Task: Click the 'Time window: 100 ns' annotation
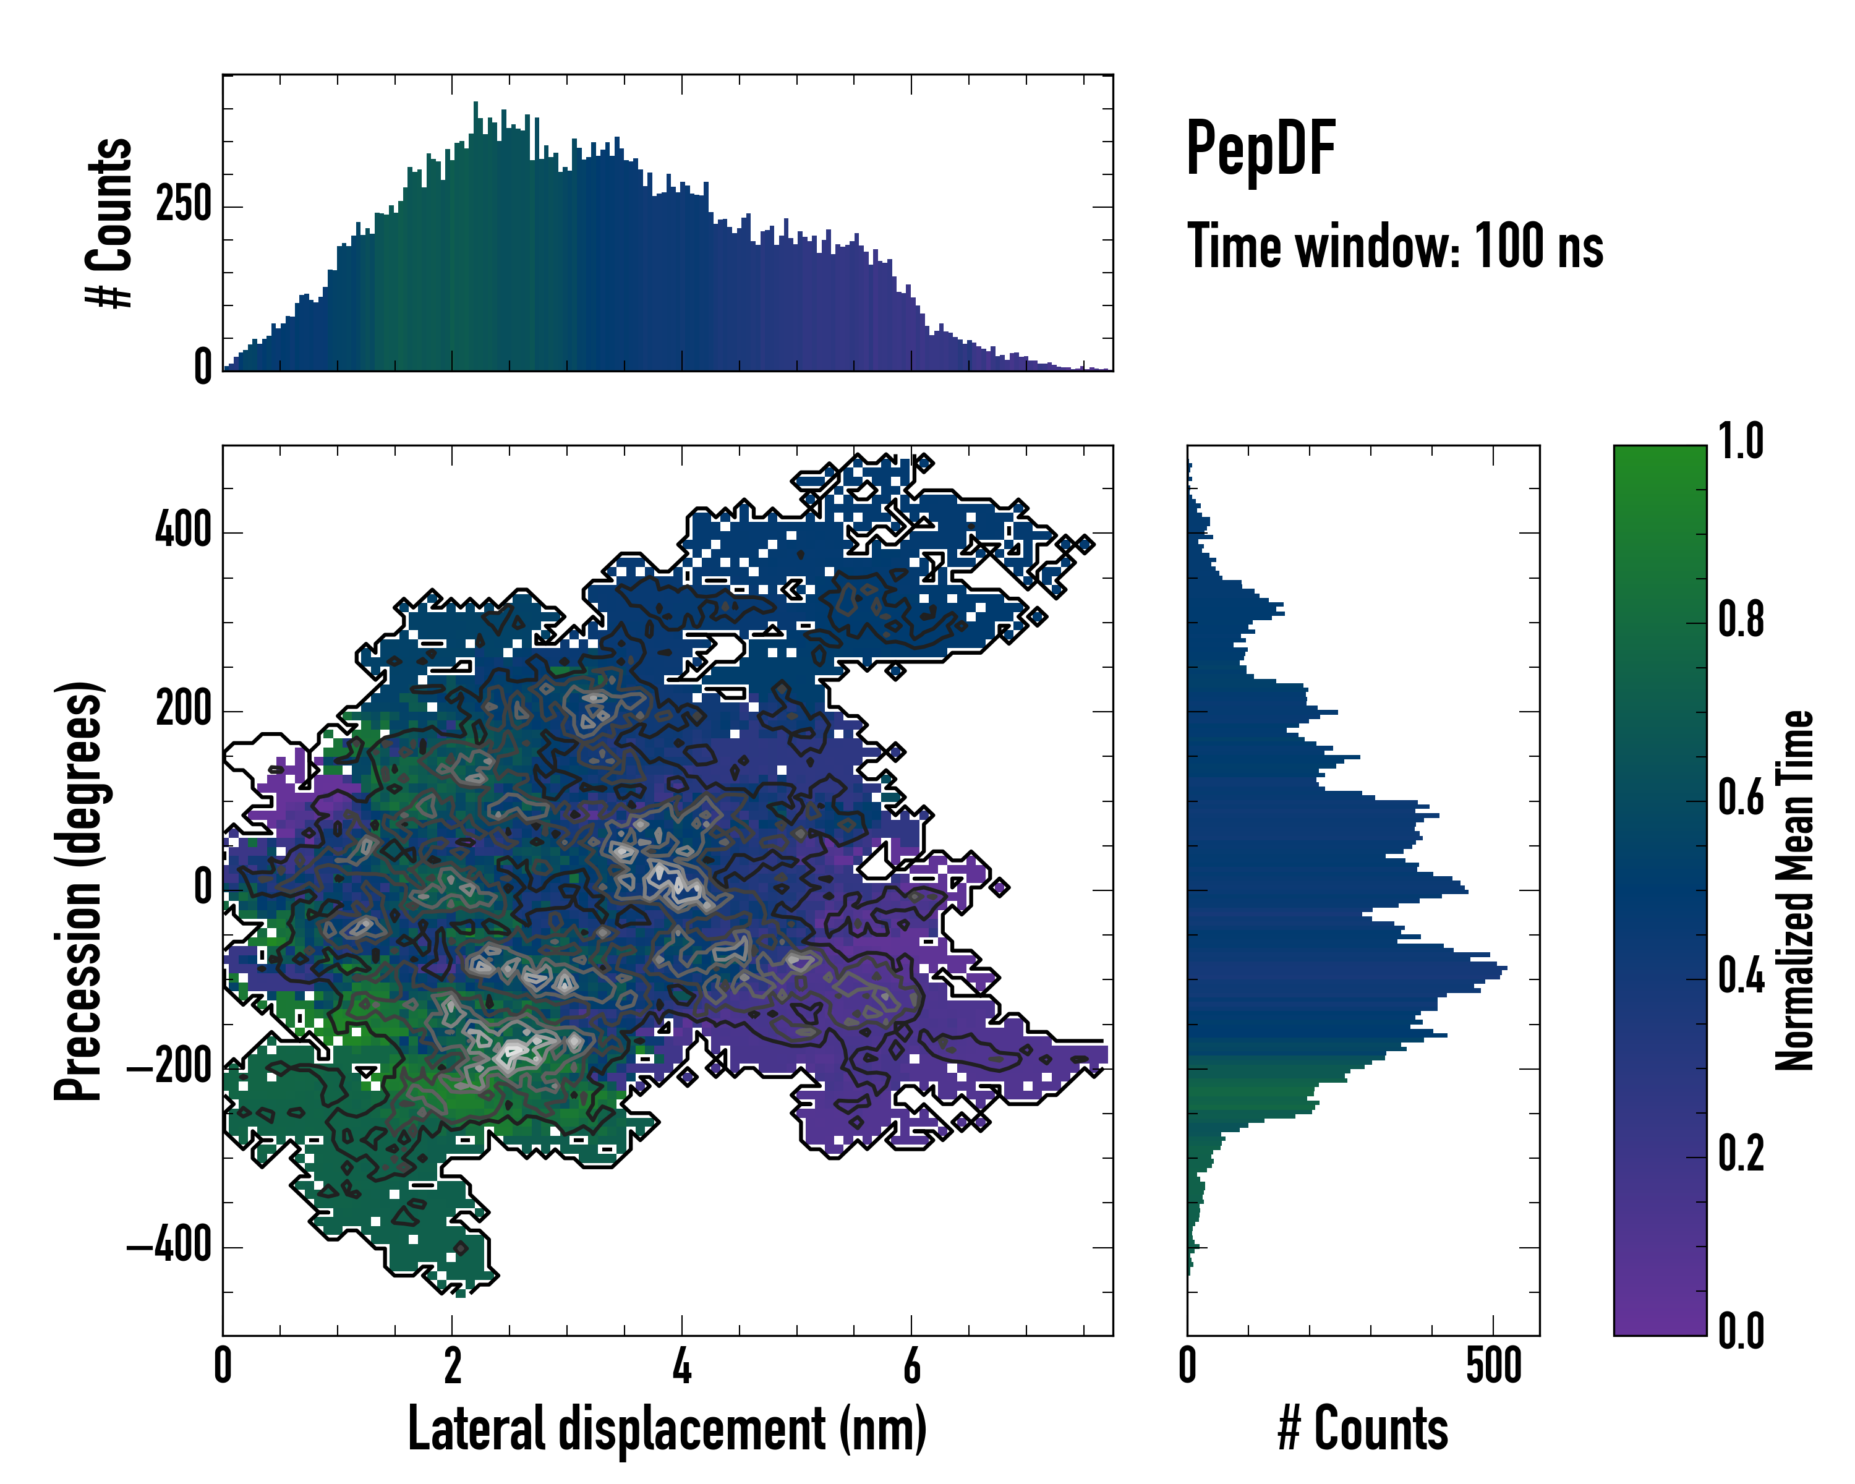pyautogui.click(x=1395, y=247)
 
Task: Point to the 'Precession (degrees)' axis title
pyautogui.click(x=79, y=890)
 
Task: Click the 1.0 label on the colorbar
pyautogui.click(x=1741, y=441)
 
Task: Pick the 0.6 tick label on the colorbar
pyautogui.click(x=1741, y=798)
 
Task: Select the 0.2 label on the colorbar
pyautogui.click(x=1741, y=1154)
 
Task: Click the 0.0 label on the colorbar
pyautogui.click(x=1741, y=1331)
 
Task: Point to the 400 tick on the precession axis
pyautogui.click(x=183, y=529)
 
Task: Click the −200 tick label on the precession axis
pyautogui.click(x=169, y=1068)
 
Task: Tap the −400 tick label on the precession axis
pyautogui.click(x=169, y=1246)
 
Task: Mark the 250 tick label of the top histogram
pyautogui.click(x=183, y=206)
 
